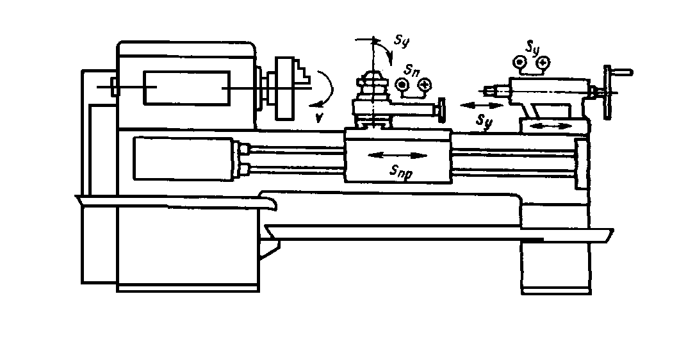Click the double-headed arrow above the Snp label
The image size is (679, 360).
pyautogui.click(x=398, y=156)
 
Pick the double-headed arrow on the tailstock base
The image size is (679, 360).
pyautogui.click(x=552, y=127)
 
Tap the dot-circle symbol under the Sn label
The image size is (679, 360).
pyautogui.click(x=402, y=85)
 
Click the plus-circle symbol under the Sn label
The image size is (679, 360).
pyautogui.click(x=421, y=85)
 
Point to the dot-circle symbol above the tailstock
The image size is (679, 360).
pyautogui.click(x=519, y=62)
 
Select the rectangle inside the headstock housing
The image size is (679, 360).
pyautogui.click(x=187, y=88)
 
